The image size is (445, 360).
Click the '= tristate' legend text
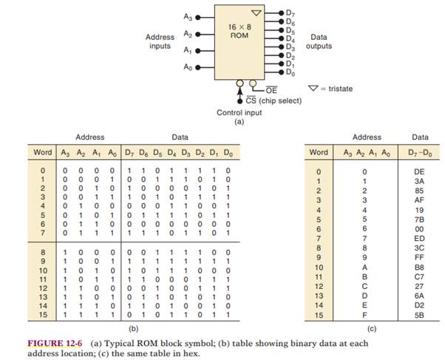click(335, 89)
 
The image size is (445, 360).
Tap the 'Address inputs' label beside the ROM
click(159, 41)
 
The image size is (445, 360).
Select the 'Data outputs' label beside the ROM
click(319, 41)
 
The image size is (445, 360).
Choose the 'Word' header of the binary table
click(43, 152)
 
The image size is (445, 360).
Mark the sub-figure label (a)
click(239, 121)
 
